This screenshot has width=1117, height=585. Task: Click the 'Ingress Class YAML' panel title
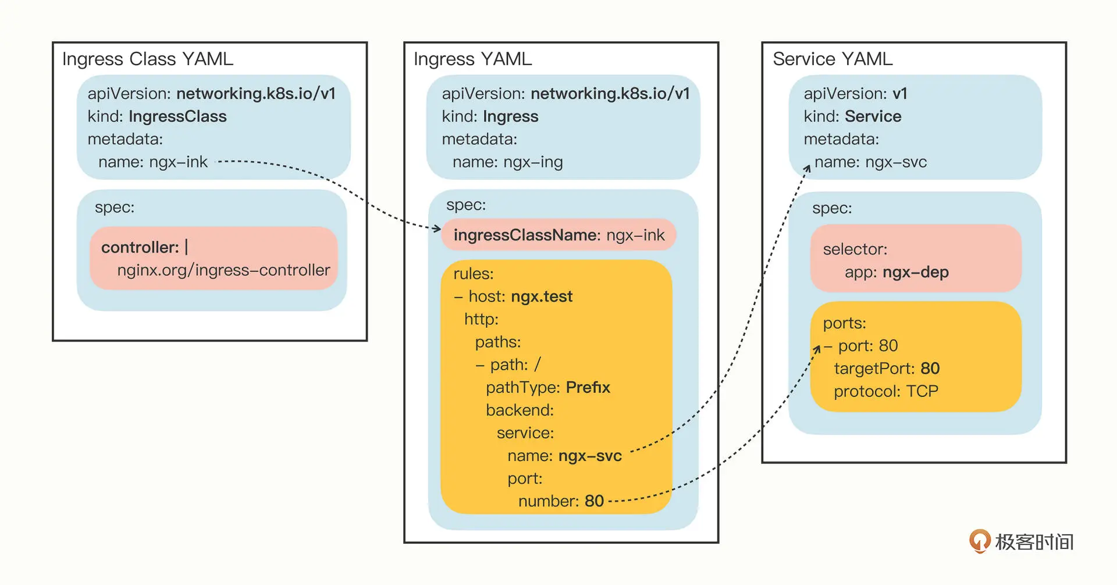(x=148, y=59)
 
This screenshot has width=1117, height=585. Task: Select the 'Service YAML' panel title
(x=833, y=59)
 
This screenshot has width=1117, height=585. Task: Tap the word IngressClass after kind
(x=177, y=116)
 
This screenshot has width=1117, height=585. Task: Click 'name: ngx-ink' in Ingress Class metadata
(x=153, y=162)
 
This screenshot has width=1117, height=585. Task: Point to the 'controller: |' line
(x=145, y=247)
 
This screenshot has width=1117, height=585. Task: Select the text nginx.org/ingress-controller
(x=223, y=270)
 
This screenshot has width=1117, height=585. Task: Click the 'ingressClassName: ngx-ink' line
(x=559, y=235)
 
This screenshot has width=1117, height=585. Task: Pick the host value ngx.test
(x=542, y=296)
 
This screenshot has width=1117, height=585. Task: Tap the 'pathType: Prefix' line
(x=548, y=387)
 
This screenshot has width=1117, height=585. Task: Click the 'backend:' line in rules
(x=520, y=410)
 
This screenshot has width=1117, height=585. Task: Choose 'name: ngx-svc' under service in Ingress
(x=564, y=456)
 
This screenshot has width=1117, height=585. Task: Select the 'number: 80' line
(x=561, y=501)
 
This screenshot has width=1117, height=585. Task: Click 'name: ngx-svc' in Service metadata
(x=870, y=162)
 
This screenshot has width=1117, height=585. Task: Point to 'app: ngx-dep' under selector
(x=897, y=272)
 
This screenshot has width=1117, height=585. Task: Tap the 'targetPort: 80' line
(x=887, y=368)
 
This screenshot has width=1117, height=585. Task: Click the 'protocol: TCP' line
(x=886, y=391)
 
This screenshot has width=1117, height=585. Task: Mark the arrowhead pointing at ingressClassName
(x=437, y=228)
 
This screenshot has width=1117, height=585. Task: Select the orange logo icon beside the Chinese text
(x=980, y=541)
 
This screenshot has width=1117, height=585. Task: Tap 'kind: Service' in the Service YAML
(x=852, y=116)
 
